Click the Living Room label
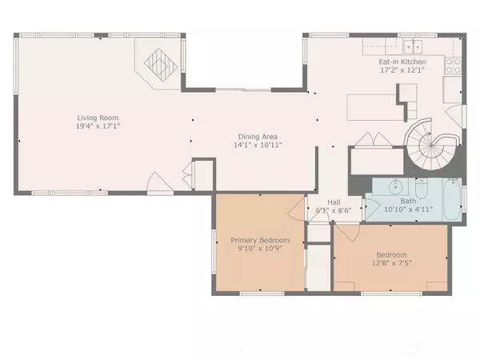[x=93, y=117]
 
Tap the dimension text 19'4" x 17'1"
[x=93, y=126]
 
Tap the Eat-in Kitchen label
[x=402, y=62]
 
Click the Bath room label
[x=408, y=202]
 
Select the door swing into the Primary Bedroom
[x=298, y=210]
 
